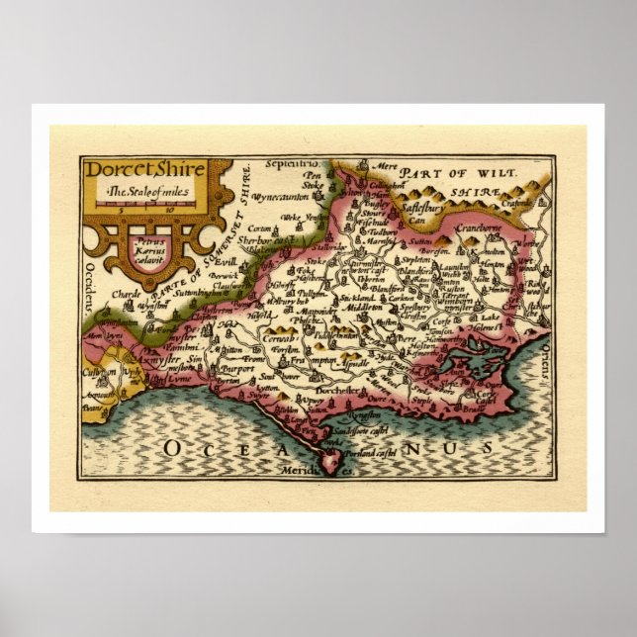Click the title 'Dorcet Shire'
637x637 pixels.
pos(145,170)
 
